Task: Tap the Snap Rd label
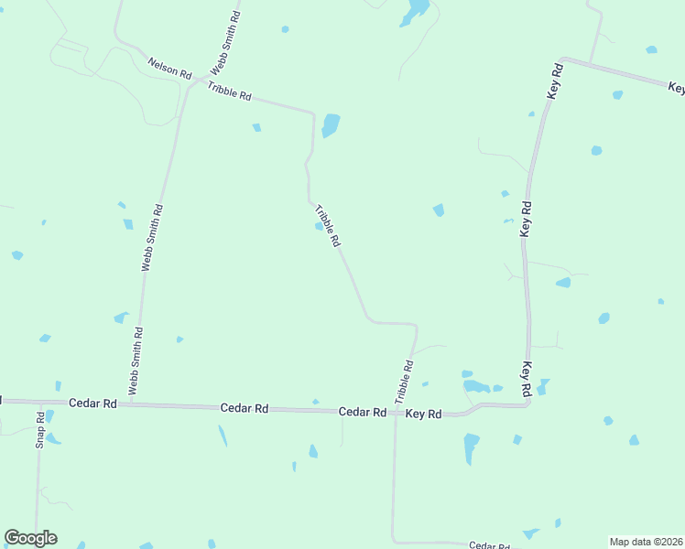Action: pos(40,429)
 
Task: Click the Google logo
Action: pos(30,538)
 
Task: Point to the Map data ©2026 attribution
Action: pos(647,542)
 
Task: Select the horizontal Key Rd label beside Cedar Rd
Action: pos(424,414)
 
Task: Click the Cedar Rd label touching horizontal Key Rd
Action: pos(362,413)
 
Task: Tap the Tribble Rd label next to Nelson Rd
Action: pos(229,91)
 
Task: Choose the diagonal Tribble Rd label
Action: pos(328,226)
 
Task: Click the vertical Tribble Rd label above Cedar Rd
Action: pos(404,382)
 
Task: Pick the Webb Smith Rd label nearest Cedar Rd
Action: pos(136,361)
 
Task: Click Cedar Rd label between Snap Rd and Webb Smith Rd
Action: pos(92,403)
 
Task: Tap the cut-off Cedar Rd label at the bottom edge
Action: pos(488,545)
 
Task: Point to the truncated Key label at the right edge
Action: pos(676,89)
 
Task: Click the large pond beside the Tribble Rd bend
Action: pos(330,124)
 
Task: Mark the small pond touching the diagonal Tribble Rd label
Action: pos(319,227)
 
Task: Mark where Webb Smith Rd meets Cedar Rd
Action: pos(131,403)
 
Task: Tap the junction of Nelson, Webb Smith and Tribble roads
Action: pos(190,81)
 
